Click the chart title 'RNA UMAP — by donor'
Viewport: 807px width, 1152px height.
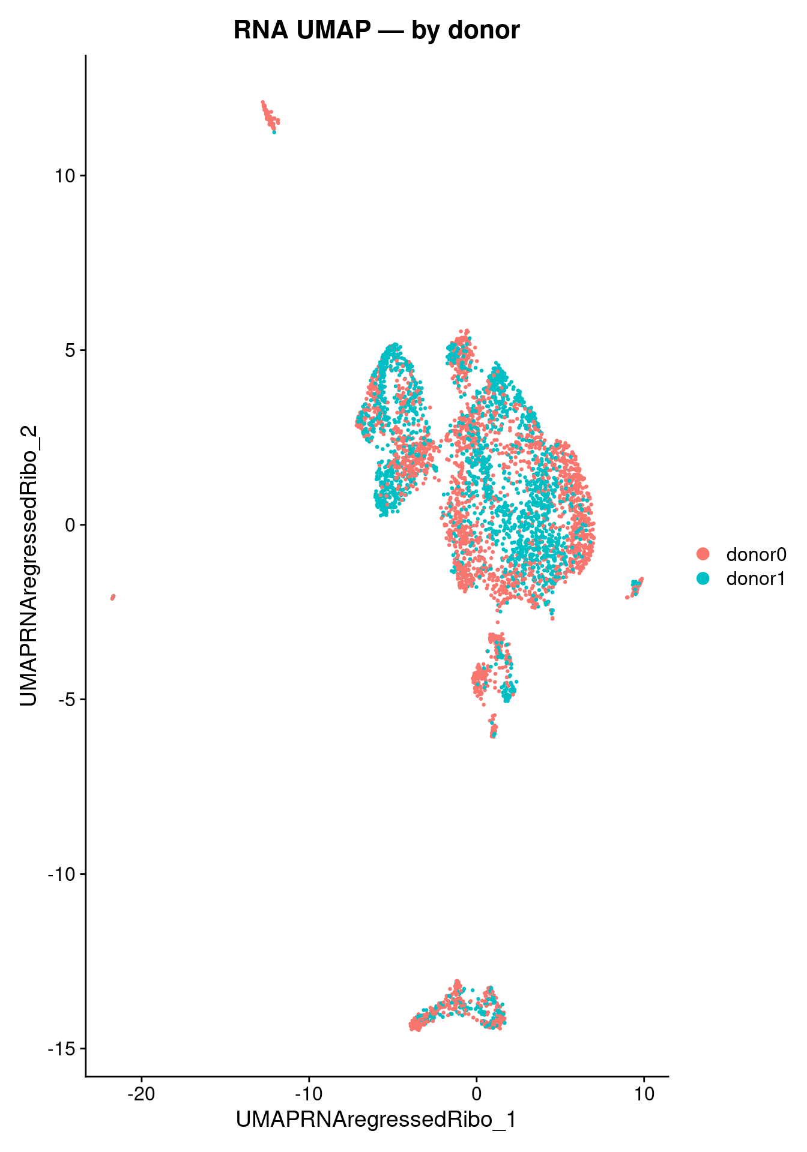(376, 30)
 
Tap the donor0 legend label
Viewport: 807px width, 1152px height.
(756, 554)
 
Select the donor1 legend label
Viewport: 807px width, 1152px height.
(756, 578)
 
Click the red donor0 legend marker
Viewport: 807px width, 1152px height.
(702, 554)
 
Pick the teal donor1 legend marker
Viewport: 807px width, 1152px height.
(702, 578)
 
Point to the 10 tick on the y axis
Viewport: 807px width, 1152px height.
(64, 176)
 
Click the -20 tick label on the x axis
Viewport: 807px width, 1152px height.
(141, 1093)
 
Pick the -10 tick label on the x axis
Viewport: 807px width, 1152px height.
(309, 1093)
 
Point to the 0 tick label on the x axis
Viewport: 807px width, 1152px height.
(476, 1093)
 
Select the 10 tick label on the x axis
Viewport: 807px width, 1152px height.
(644, 1093)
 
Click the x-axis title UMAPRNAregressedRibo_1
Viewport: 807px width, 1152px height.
(376, 1120)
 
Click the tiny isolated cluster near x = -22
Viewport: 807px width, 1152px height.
(113, 597)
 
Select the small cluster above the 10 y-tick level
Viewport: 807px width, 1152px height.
(270, 116)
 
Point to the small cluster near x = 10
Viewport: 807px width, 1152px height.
(635, 587)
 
